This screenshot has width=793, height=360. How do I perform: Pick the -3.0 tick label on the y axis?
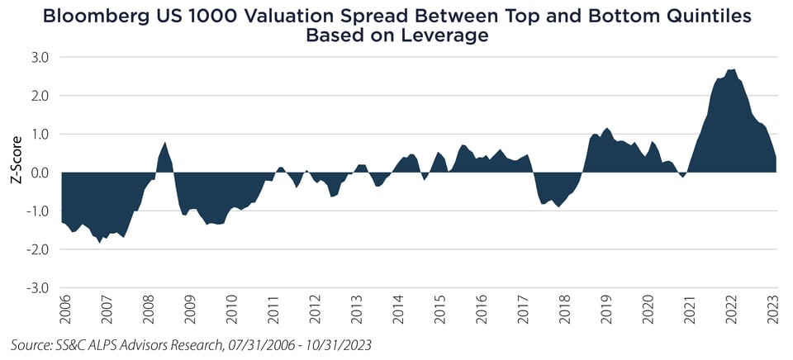click(39, 288)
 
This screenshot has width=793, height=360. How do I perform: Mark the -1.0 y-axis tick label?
click(39, 211)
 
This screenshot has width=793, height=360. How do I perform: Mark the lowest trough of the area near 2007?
click(99, 242)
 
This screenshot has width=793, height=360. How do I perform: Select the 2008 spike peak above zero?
click(165, 143)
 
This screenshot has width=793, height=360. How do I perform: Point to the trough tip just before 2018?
click(559, 206)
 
